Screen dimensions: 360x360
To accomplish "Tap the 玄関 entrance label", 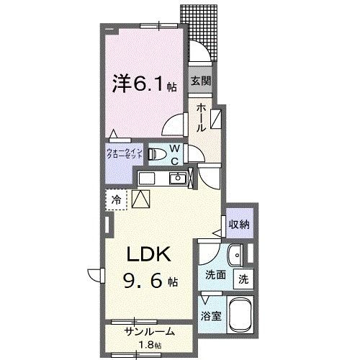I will (201, 81).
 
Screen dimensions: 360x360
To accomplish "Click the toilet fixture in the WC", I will (156, 153).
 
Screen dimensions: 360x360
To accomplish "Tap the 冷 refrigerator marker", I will (115, 199).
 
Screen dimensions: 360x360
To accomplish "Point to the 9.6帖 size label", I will (150, 279).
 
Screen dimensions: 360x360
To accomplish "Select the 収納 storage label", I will (240, 225).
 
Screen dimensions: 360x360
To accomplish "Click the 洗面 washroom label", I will (216, 274).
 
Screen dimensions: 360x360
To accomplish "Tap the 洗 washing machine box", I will (244, 279).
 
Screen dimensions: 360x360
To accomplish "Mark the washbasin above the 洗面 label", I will (235, 255).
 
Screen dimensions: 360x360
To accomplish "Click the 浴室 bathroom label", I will (210, 315).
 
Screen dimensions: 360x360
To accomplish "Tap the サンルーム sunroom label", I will (149, 333).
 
